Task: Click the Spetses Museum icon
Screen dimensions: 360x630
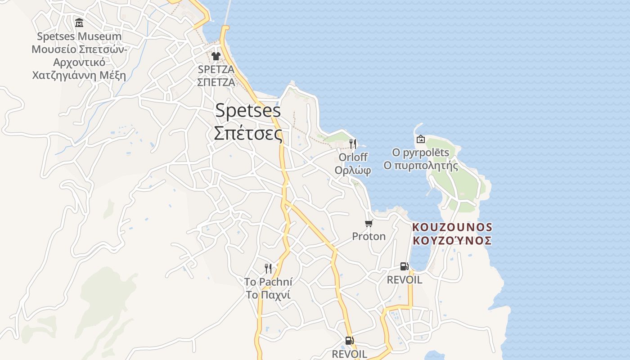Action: [x=79, y=22]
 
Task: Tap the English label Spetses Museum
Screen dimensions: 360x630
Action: [x=79, y=36]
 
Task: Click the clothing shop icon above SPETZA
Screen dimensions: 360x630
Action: [x=216, y=56]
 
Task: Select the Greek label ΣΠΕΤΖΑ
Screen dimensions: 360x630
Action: [x=216, y=82]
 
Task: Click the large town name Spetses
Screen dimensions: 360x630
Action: [x=248, y=111]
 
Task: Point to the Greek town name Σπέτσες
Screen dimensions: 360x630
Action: [x=248, y=133]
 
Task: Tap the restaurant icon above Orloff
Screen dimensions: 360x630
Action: [x=353, y=144]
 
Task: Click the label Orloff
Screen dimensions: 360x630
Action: [x=353, y=157]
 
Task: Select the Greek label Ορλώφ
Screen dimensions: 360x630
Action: [x=353, y=170]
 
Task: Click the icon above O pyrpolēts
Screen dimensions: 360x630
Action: [x=421, y=139]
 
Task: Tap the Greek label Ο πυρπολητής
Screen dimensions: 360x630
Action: [x=421, y=166]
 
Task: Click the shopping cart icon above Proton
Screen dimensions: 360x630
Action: [x=369, y=223]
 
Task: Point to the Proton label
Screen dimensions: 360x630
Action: [x=369, y=236]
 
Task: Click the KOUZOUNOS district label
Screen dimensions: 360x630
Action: [x=452, y=227]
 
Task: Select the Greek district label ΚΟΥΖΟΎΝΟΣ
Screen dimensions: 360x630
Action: [x=452, y=240]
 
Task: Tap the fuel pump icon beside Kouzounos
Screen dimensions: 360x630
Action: [x=405, y=266]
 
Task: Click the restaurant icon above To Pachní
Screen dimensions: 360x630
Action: [x=268, y=269]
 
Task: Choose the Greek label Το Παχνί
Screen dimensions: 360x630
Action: [x=268, y=295]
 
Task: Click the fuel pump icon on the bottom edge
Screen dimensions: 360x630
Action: [x=349, y=341]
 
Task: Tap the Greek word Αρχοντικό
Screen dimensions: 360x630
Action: [x=79, y=62]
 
